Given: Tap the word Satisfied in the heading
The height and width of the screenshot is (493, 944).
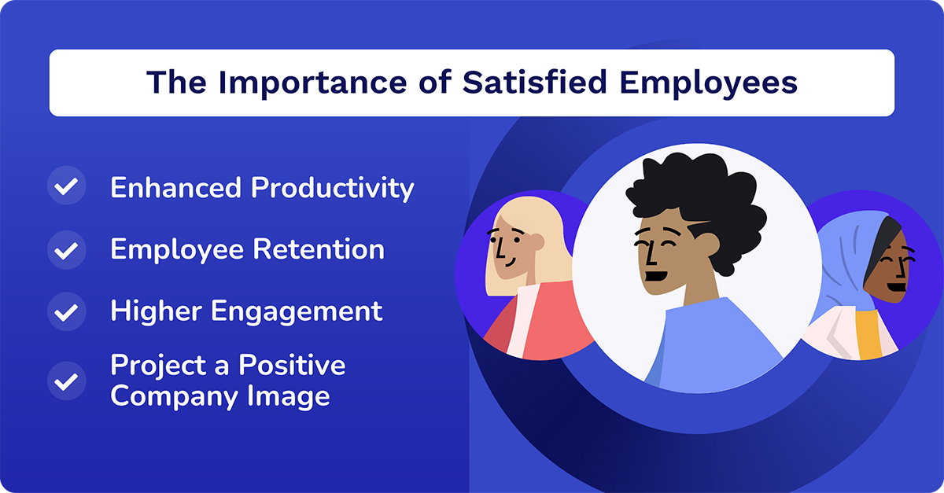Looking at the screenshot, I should point(523,83).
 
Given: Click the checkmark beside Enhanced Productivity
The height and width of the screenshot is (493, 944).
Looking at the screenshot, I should point(67,188).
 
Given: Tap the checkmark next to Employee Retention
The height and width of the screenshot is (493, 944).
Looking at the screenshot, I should point(67,250).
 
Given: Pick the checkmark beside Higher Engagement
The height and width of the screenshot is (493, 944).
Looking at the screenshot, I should point(67,311).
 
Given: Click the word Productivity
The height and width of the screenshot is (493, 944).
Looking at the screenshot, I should point(332,189).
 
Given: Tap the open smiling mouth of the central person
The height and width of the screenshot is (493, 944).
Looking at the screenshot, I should point(655,276).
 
